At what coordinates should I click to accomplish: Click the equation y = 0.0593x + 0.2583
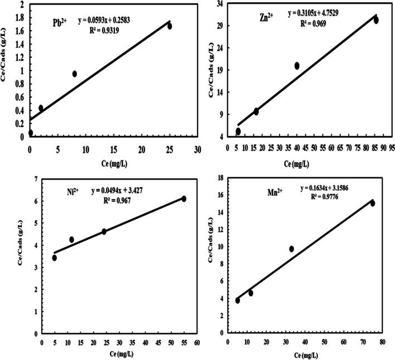(112, 22)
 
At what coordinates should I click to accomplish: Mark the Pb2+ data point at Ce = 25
(170, 26)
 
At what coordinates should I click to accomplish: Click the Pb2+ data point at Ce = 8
(74, 74)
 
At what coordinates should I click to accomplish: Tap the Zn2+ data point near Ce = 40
(297, 66)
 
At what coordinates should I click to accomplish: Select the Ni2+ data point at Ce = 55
(184, 199)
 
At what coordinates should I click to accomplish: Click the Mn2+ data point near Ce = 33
(291, 249)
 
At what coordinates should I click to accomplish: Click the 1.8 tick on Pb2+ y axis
(18, 18)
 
